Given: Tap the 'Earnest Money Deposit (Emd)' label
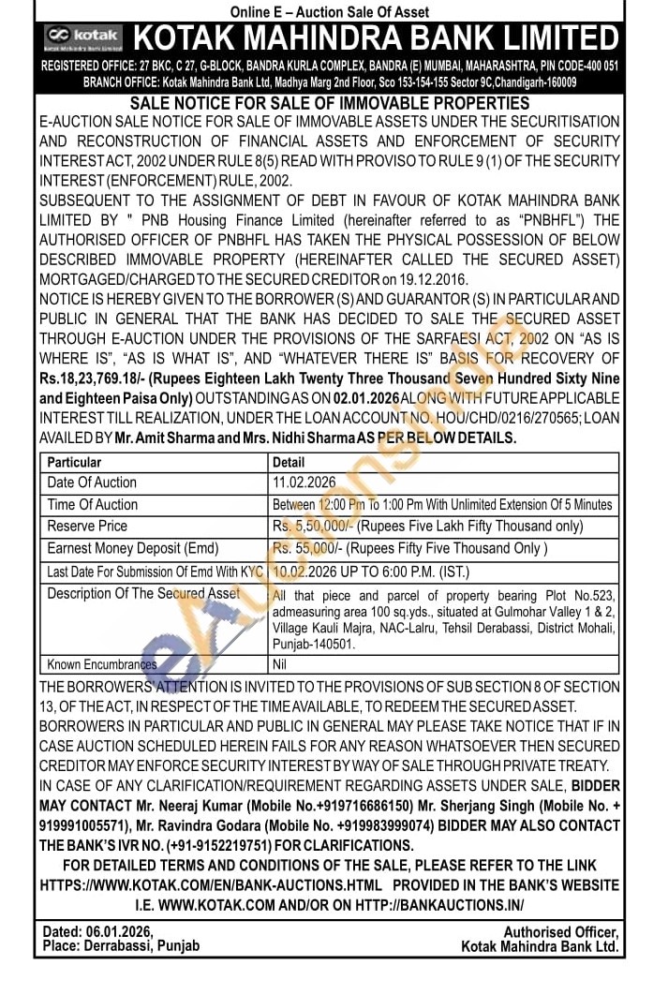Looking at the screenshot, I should pyautogui.click(x=133, y=548).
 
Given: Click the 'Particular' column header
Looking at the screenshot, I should pyautogui.click(x=75, y=462).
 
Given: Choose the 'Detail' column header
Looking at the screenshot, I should pyautogui.click(x=289, y=462).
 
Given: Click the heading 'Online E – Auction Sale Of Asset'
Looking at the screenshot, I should pyautogui.click(x=330, y=12).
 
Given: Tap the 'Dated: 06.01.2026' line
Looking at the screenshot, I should pyautogui.click(x=98, y=931).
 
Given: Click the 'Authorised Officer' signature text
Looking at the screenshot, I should pyautogui.click(x=561, y=931).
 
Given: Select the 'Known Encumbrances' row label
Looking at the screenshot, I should pyautogui.click(x=102, y=664).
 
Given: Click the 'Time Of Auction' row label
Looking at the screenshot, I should pyautogui.click(x=93, y=504).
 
